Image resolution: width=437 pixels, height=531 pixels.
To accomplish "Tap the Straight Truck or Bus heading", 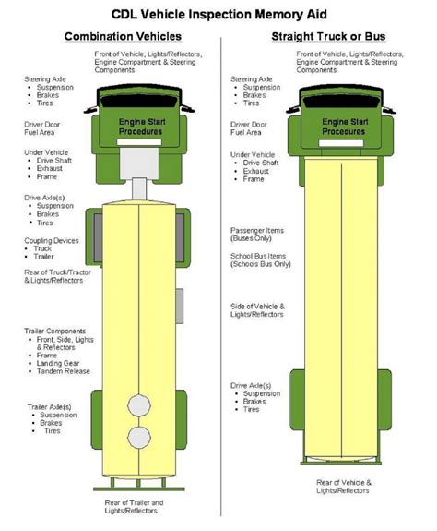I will (325, 37).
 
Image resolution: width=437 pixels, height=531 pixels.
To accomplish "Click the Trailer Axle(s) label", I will (52, 405).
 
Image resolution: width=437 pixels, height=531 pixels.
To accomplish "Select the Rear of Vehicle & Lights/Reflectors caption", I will (344, 487).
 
